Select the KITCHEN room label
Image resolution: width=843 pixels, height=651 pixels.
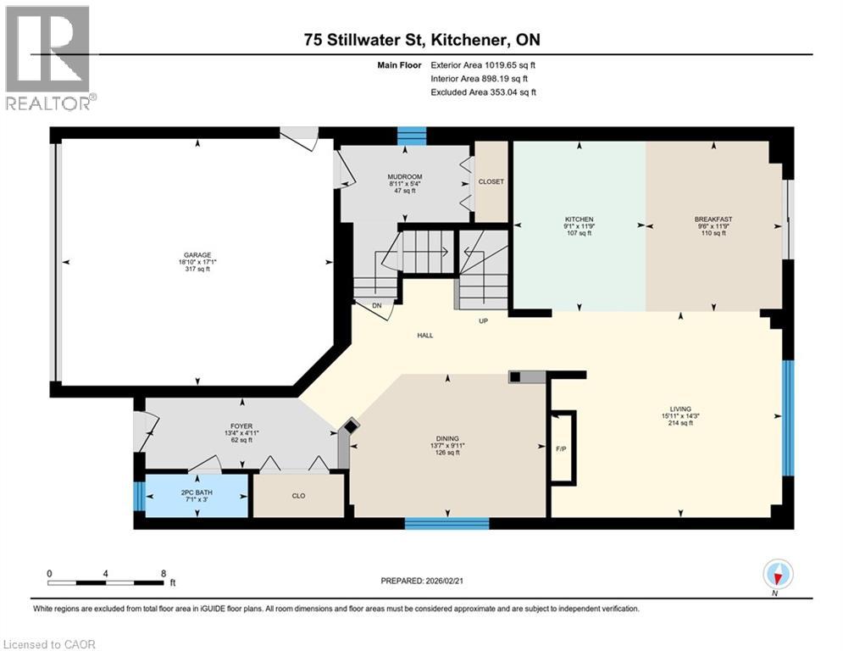tap(580, 220)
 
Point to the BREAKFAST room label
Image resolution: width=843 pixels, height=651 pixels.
tap(713, 220)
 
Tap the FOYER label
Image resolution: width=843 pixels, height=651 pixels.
tap(242, 426)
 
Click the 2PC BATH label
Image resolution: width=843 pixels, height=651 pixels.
tap(196, 492)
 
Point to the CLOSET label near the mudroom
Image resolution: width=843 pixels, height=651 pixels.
tap(491, 181)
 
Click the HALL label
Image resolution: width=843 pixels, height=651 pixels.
tap(425, 336)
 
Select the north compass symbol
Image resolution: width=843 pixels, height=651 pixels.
tap(777, 576)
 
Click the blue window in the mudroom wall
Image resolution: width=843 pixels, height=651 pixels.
tap(412, 136)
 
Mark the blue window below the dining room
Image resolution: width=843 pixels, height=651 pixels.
tap(446, 523)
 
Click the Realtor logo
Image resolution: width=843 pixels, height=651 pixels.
tap(48, 58)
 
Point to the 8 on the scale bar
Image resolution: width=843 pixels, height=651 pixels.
tap(164, 573)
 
